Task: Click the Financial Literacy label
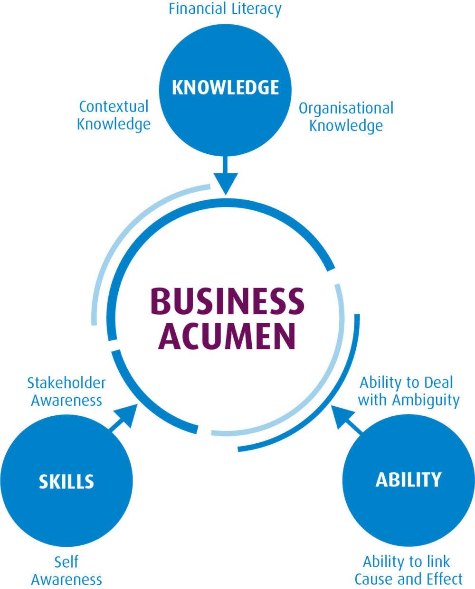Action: tap(225, 9)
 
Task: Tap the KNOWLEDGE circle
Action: tap(225, 88)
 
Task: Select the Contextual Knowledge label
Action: tap(114, 115)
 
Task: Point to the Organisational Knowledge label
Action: tap(346, 117)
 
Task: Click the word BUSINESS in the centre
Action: tap(227, 301)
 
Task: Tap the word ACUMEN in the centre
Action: tap(227, 336)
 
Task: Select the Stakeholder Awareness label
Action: tap(66, 391)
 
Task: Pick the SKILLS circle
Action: tap(66, 481)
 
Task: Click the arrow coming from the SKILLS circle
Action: tap(122, 418)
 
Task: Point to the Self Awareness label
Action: tap(66, 570)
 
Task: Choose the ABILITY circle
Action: tap(408, 480)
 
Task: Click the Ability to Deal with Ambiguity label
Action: tap(408, 391)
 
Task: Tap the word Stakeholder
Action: tap(66, 383)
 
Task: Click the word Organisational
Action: tap(346, 108)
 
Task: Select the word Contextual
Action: tap(114, 106)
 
